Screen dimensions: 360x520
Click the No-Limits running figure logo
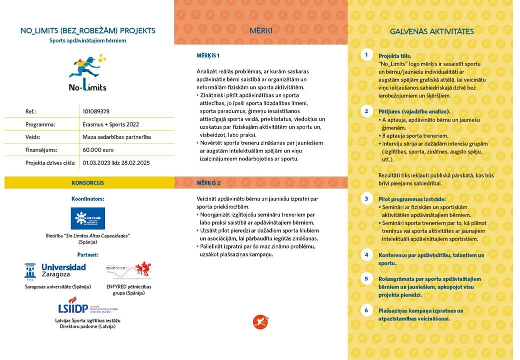tap(88, 73)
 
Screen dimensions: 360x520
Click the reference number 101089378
tap(96, 111)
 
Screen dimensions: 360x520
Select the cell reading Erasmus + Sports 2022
tap(111, 124)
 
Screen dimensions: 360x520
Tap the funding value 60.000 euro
tap(98, 149)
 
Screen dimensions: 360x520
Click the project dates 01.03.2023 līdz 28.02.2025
tap(116, 162)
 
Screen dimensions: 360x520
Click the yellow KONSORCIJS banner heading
tap(88, 183)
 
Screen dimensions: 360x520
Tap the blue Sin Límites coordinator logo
tap(88, 218)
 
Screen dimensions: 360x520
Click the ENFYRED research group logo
tap(128, 271)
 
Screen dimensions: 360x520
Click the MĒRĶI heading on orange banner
tap(261, 31)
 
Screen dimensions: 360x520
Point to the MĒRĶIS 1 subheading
tap(208, 55)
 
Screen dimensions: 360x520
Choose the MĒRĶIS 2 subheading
tap(208, 183)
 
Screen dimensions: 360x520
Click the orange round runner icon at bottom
tap(260, 321)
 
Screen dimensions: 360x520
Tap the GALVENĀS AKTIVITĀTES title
tap(432, 31)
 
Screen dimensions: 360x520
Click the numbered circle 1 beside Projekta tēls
tap(366, 55)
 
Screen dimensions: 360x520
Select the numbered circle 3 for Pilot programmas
tap(366, 198)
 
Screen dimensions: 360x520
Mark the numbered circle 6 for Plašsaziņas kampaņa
tap(366, 310)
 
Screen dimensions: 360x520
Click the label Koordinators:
tap(88, 198)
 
